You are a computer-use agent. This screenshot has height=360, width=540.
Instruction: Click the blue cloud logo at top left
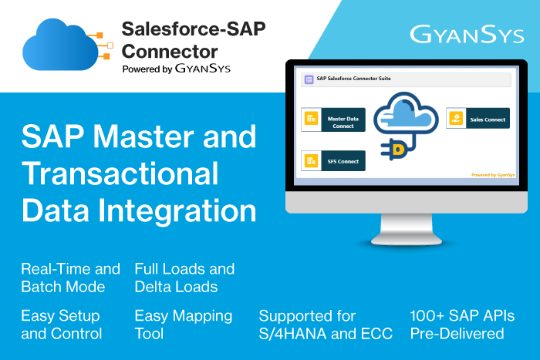click(x=61, y=45)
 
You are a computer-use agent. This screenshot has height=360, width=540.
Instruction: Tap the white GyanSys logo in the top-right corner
click(x=467, y=35)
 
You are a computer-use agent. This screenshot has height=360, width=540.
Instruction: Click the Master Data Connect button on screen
click(x=333, y=119)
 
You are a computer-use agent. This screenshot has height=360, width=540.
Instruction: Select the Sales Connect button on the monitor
click(x=478, y=119)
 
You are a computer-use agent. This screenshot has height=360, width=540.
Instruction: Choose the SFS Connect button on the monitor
click(x=333, y=160)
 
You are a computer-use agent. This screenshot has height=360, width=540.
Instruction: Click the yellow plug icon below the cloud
click(x=394, y=149)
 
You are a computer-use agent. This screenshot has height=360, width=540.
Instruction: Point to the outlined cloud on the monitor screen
click(x=406, y=113)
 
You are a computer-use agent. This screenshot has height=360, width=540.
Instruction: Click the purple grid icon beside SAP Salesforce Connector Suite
click(x=309, y=79)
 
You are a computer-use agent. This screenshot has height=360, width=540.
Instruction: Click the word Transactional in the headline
click(x=120, y=173)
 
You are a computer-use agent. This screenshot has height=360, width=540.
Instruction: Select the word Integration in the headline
click(x=177, y=210)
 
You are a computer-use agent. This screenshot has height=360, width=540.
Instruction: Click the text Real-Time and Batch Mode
click(x=70, y=278)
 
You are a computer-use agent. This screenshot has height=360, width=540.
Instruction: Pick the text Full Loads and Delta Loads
click(x=184, y=278)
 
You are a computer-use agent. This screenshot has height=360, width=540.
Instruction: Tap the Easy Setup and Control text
click(x=61, y=325)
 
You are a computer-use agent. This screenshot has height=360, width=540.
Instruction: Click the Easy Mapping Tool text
click(x=184, y=325)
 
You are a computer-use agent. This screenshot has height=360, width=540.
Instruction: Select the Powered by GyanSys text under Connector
click(x=177, y=69)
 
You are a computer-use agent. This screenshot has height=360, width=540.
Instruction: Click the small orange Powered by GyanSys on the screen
click(x=493, y=175)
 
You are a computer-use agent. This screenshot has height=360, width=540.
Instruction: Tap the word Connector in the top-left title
click(x=170, y=52)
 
